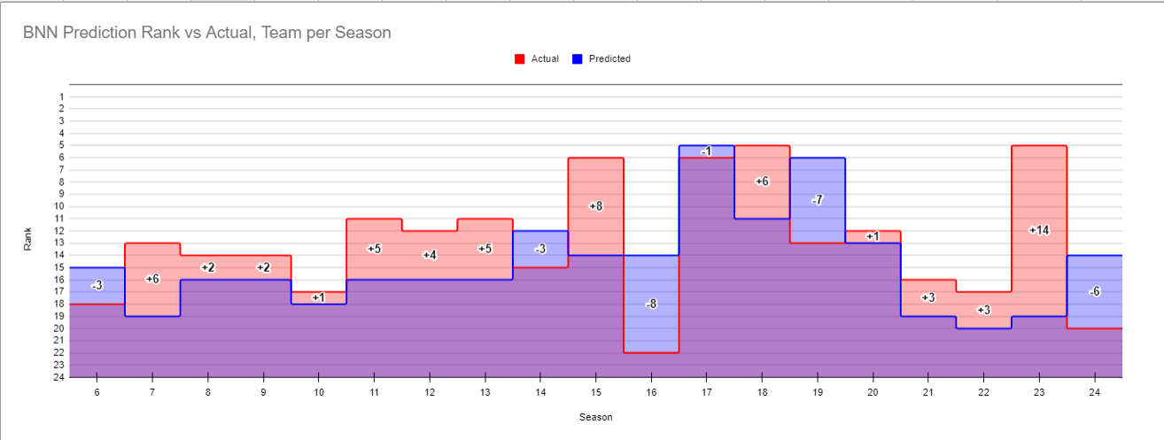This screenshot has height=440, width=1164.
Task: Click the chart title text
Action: (x=207, y=33)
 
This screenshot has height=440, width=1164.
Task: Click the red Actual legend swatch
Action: (x=520, y=59)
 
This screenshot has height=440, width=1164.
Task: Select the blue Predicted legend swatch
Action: (x=577, y=59)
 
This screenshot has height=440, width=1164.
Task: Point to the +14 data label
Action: (x=1039, y=230)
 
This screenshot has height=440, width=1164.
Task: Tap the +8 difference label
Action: (x=596, y=206)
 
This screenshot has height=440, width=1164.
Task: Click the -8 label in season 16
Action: (x=651, y=304)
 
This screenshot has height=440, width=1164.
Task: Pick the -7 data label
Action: (x=817, y=200)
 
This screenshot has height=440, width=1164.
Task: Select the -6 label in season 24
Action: (x=1094, y=291)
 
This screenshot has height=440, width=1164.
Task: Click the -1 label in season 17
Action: (x=706, y=151)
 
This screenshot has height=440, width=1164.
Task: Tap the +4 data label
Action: (x=430, y=255)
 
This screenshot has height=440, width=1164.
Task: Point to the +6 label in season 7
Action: (x=152, y=279)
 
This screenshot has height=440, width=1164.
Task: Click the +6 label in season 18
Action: (x=762, y=181)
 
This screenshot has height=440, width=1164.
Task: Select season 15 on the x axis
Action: (x=596, y=390)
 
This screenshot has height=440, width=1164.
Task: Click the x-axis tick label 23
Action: (x=1039, y=390)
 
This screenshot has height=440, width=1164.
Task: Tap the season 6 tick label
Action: (x=97, y=390)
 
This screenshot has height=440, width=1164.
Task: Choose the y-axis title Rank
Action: (x=28, y=239)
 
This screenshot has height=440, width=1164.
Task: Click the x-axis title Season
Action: (x=595, y=417)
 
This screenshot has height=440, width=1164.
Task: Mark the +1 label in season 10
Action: (x=319, y=297)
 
